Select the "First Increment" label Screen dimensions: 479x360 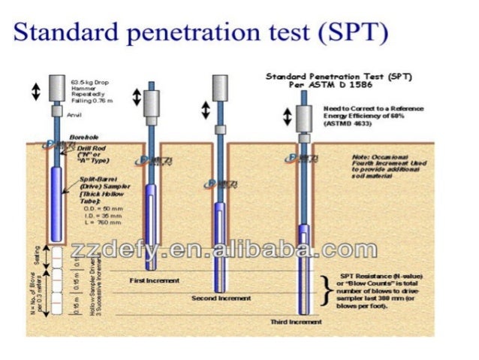click(155, 281)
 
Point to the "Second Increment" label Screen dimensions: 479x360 click(217, 298)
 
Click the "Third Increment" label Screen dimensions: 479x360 click(296, 322)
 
